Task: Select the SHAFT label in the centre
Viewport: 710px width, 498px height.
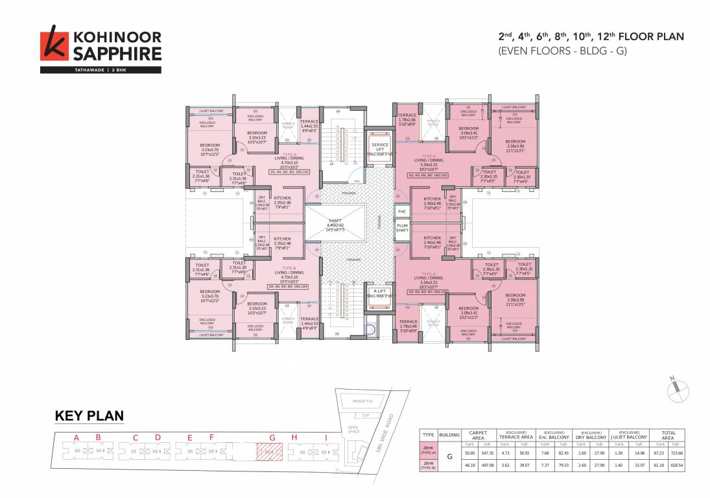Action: point(335,223)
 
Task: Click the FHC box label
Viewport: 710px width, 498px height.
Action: point(402,212)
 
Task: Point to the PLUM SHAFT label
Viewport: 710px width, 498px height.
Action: point(402,228)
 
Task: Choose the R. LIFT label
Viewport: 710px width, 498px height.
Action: point(375,293)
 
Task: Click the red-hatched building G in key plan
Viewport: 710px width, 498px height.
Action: point(268,451)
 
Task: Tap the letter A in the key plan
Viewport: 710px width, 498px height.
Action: point(77,438)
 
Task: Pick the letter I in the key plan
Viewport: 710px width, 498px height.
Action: point(325,438)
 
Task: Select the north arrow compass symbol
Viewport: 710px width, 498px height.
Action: point(676,388)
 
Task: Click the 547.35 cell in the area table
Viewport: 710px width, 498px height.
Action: point(488,453)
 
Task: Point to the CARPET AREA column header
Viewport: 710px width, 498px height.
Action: point(478,435)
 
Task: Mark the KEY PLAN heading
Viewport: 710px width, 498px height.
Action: point(89,416)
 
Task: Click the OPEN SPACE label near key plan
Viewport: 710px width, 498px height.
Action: point(353,429)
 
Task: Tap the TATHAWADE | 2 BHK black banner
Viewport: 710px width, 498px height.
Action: point(101,69)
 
